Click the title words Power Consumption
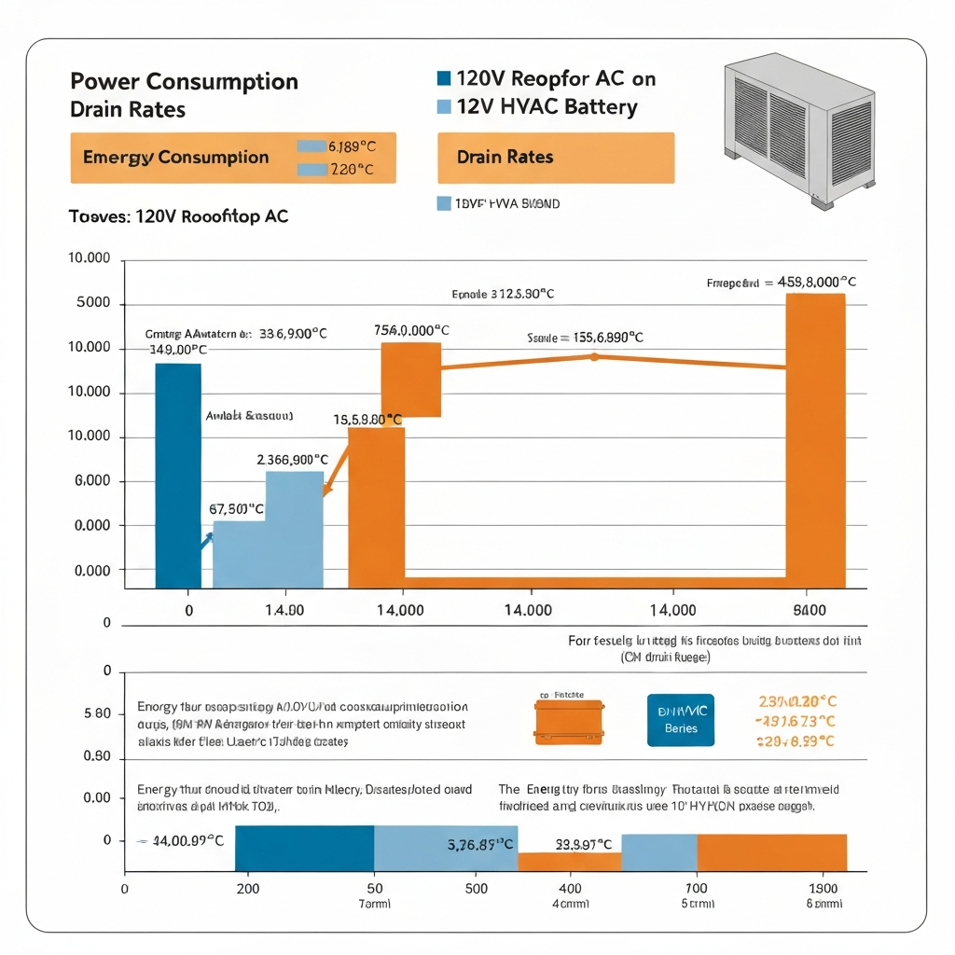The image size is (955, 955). [x=184, y=81]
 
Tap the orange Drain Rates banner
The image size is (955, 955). [x=555, y=158]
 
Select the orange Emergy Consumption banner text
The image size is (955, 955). [x=175, y=158]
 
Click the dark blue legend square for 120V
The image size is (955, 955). [x=444, y=78]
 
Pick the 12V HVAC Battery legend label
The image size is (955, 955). [x=547, y=106]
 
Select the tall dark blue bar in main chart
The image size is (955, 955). [x=177, y=475]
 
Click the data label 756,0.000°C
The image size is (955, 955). [x=411, y=330]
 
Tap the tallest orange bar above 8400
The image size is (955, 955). [x=815, y=439]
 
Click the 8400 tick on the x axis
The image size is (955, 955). [x=809, y=611]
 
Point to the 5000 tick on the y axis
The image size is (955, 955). [x=90, y=304]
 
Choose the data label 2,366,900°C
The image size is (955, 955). [x=292, y=460]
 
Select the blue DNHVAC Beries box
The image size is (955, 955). [x=681, y=720]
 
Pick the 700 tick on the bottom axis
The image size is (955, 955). [x=697, y=889]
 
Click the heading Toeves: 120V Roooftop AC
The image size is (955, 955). [x=179, y=216]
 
